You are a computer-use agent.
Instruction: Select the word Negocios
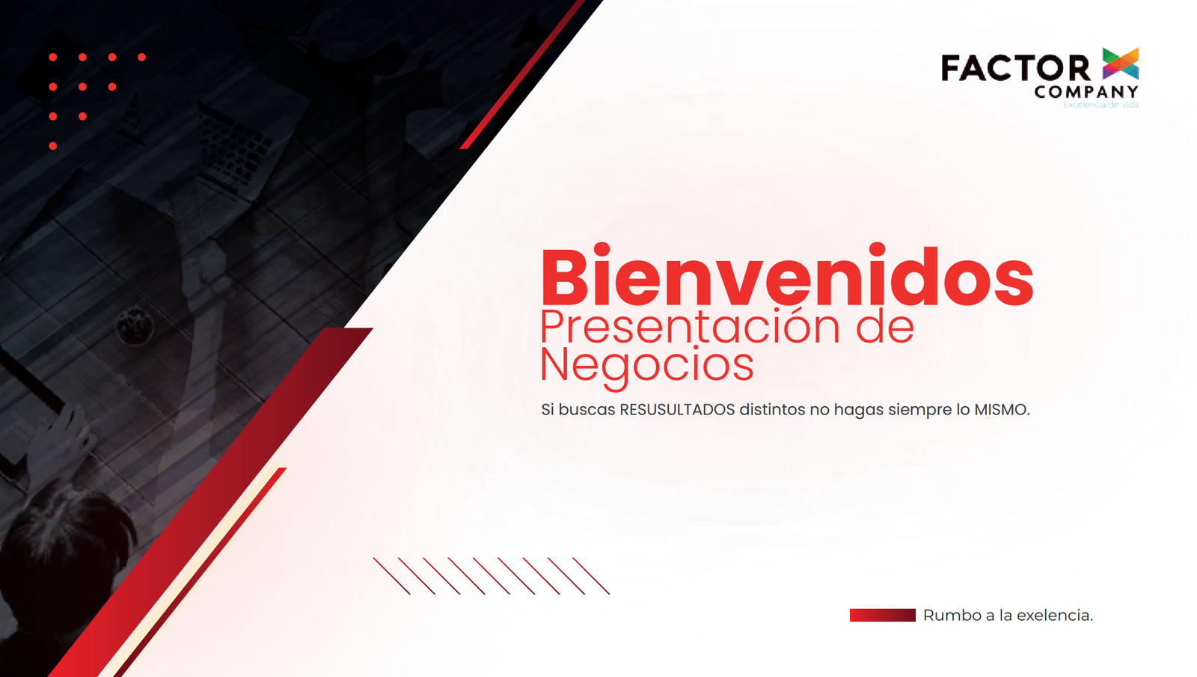tap(646, 366)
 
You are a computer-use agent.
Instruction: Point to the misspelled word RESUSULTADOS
tap(677, 410)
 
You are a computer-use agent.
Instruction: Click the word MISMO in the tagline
tap(1001, 410)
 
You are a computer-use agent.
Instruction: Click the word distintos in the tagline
tap(772, 410)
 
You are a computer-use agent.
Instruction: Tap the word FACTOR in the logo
tap(1015, 68)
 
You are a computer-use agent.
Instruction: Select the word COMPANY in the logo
tap(1086, 93)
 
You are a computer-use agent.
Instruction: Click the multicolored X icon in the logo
tap(1120, 64)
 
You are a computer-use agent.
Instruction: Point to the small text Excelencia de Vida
tap(1100, 105)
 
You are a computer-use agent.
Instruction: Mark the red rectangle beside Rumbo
tap(882, 615)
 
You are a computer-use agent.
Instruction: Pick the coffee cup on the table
tap(135, 325)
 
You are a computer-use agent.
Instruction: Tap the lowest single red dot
tap(53, 146)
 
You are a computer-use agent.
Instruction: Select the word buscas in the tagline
tap(587, 410)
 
